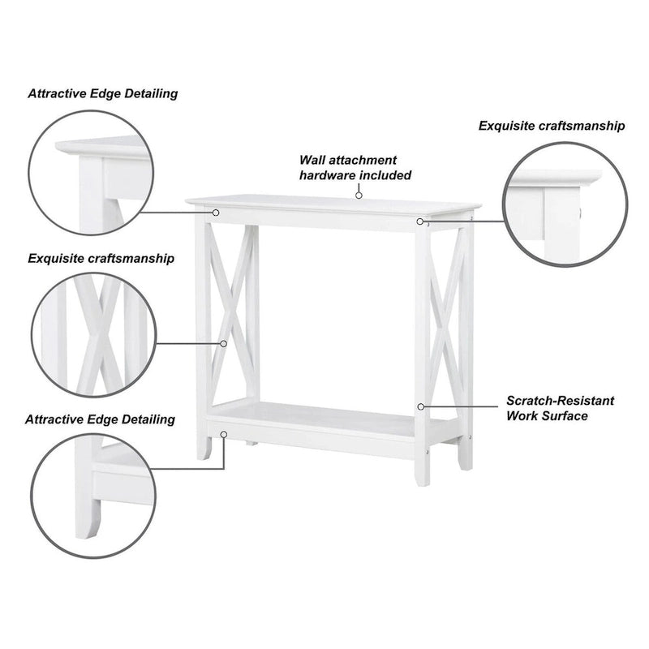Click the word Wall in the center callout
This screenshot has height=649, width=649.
pyautogui.click(x=312, y=160)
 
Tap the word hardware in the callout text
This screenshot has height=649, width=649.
pyautogui.click(x=328, y=175)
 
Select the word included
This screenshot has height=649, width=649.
pyautogui.click(x=385, y=175)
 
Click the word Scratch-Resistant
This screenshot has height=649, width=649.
pyautogui.click(x=560, y=401)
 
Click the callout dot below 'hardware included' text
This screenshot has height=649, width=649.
pyautogui.click(x=359, y=196)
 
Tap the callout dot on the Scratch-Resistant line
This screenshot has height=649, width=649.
pyautogui.click(x=420, y=407)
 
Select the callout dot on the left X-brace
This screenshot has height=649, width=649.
pyautogui.click(x=224, y=343)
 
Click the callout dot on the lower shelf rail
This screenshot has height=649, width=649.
pyautogui.click(x=224, y=434)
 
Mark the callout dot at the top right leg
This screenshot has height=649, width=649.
pyautogui.click(x=419, y=221)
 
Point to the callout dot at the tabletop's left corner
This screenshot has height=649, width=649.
pyautogui.click(x=216, y=213)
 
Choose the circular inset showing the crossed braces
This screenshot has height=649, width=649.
pyautogui.click(x=94, y=273)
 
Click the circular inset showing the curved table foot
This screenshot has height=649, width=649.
pyautogui.click(x=93, y=434)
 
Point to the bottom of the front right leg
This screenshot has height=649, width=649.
pyautogui.click(x=422, y=484)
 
